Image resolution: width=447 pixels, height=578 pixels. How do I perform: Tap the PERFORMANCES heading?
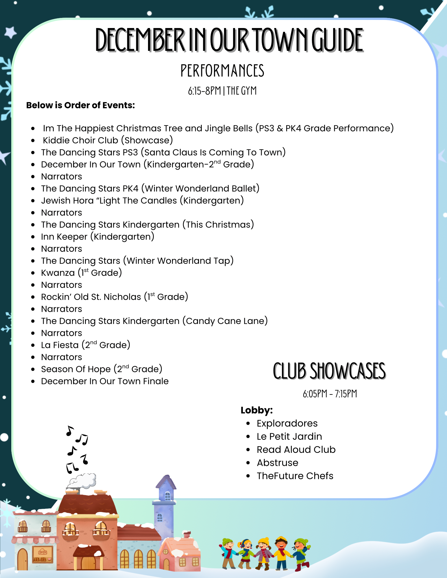point(222,71)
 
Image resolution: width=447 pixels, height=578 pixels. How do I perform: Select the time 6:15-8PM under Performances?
point(204,91)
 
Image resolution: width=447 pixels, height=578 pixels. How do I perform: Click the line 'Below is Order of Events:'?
point(80,105)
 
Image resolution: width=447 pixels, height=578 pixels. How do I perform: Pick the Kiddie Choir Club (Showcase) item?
point(108,140)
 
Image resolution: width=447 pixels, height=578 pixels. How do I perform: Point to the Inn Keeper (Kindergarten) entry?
point(98,237)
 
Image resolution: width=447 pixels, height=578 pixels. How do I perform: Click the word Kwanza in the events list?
point(58,273)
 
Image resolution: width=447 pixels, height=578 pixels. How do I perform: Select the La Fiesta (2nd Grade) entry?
point(86,345)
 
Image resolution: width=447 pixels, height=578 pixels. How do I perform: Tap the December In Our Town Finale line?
point(105,381)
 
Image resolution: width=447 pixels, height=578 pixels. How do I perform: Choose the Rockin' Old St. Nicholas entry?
point(114,297)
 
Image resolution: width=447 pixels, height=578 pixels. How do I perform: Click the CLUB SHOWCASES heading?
point(329,371)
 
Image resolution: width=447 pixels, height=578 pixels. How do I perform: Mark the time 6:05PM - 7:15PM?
point(330,394)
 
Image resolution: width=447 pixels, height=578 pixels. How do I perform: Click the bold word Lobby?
point(256,410)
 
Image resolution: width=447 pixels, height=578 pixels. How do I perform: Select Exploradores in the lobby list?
point(287,423)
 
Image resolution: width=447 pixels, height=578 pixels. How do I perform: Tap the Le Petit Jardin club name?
point(289,436)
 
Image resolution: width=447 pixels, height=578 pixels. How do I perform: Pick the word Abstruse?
point(277,463)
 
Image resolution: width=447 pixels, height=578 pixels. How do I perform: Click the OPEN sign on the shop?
point(43,552)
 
